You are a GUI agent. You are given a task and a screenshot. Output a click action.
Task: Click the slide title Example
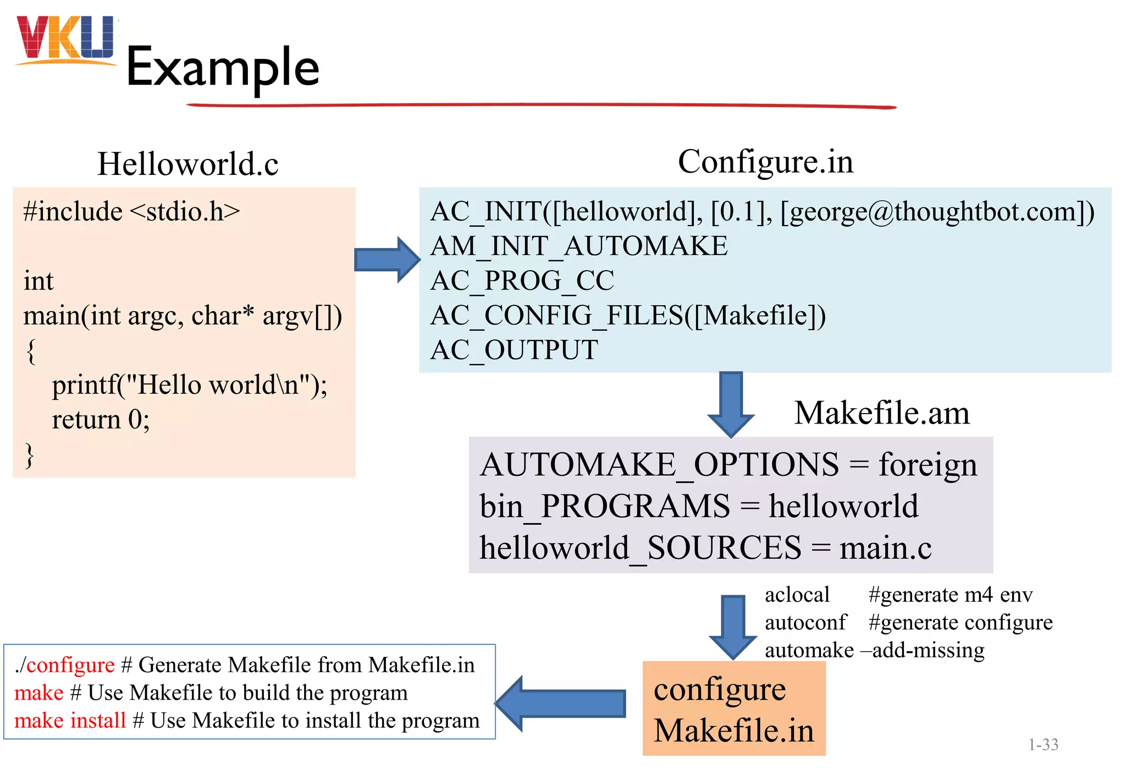coord(223,67)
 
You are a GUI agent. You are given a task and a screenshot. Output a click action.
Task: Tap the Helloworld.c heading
coord(187,164)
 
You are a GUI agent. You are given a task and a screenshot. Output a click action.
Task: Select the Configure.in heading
coord(765,162)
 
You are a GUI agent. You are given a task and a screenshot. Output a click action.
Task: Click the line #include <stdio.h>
coord(131,212)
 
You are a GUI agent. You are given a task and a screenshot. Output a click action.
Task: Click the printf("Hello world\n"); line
coord(189,385)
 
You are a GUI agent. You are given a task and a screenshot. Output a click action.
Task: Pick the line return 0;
coord(101,420)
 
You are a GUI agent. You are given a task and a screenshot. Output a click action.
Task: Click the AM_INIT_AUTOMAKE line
coord(578,246)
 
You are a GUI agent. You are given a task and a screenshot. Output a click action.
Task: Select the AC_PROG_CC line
coord(522,281)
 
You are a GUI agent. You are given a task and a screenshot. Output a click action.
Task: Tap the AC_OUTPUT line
coord(514,350)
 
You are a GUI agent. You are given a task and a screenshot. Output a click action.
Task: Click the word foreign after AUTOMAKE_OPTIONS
coord(928,465)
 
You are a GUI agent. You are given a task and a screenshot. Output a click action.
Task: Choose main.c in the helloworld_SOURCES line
coord(885,548)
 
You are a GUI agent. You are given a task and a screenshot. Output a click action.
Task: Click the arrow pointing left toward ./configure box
coord(561,704)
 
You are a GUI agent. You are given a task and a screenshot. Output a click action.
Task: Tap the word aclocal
coord(797,595)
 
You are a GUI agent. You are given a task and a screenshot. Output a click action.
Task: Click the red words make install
coord(70,721)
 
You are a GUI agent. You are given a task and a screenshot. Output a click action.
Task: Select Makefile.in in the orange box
coord(733,730)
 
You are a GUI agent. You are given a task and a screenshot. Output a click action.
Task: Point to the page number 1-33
coord(1043,745)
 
